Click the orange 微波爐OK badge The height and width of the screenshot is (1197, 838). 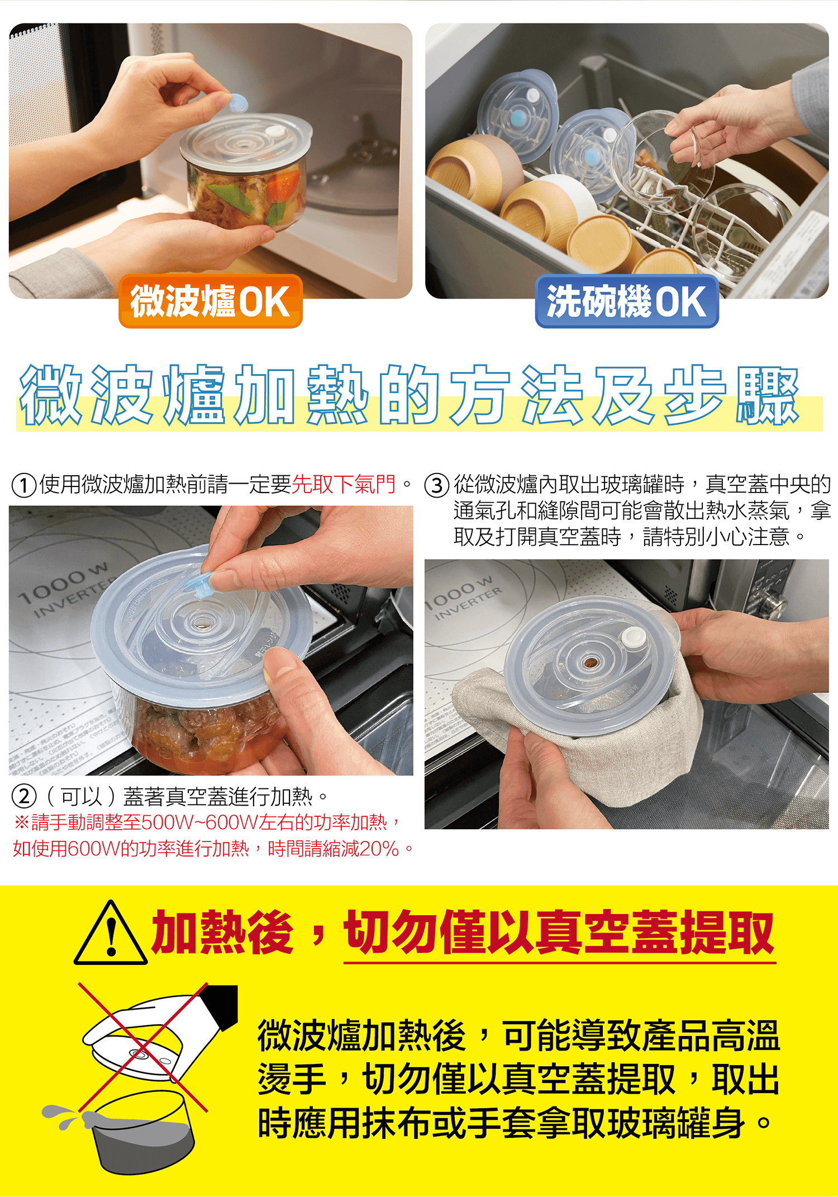(x=211, y=301)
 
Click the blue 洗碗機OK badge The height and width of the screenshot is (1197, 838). (x=627, y=301)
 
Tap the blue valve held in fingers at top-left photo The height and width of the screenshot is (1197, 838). (x=237, y=103)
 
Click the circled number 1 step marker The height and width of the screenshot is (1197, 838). (x=24, y=485)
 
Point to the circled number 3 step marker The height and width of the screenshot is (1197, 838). (x=437, y=485)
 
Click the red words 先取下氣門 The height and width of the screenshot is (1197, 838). (x=344, y=484)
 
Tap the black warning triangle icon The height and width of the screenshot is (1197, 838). (x=111, y=933)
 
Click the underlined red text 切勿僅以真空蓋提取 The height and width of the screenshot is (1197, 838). (x=559, y=932)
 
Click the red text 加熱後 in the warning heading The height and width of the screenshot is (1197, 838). (x=222, y=932)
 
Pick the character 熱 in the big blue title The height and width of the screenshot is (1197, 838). (x=337, y=395)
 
